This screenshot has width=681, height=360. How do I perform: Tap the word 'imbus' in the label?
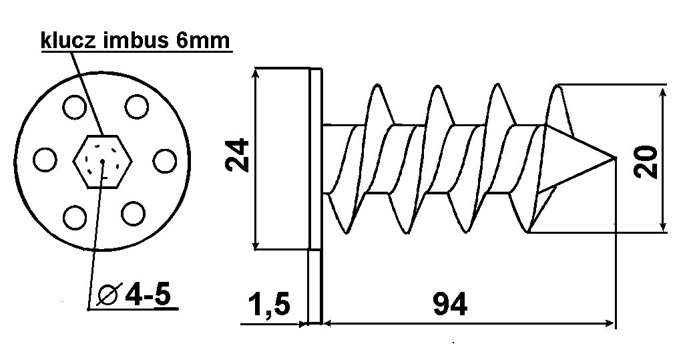point(136,40)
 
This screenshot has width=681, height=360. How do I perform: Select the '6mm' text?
point(202,41)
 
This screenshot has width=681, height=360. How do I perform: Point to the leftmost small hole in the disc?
point(45,160)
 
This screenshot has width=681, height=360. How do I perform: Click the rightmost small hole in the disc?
point(165,160)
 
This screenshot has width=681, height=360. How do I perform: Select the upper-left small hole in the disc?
point(74,107)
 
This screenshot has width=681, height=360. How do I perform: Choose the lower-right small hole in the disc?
point(133,213)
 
